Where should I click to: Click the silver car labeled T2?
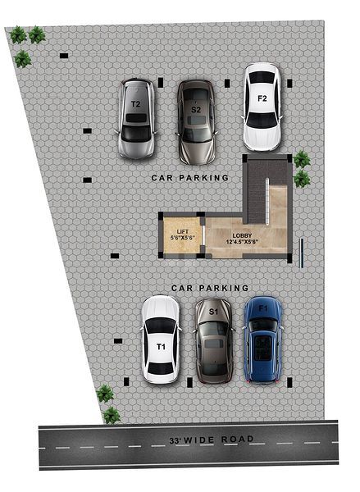point(136,119)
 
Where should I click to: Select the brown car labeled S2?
point(197,122)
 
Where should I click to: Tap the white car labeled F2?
point(262,107)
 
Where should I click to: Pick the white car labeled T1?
point(161,339)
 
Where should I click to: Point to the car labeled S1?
point(214,341)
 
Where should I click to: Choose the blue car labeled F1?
point(263,339)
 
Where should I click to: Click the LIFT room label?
point(183,232)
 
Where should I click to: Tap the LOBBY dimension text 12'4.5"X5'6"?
point(242,242)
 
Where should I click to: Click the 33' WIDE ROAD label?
point(212,440)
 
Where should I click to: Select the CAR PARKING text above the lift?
point(190,178)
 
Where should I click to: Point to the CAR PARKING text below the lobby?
point(210,288)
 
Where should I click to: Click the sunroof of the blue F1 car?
point(262,348)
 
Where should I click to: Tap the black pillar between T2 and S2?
point(161,83)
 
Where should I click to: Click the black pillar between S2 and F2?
point(227,83)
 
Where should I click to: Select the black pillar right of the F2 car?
point(289,83)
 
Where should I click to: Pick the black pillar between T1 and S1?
point(189,382)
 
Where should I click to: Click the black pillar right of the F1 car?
point(289,382)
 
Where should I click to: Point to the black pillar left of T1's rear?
point(126,381)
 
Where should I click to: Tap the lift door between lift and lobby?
point(203,235)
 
